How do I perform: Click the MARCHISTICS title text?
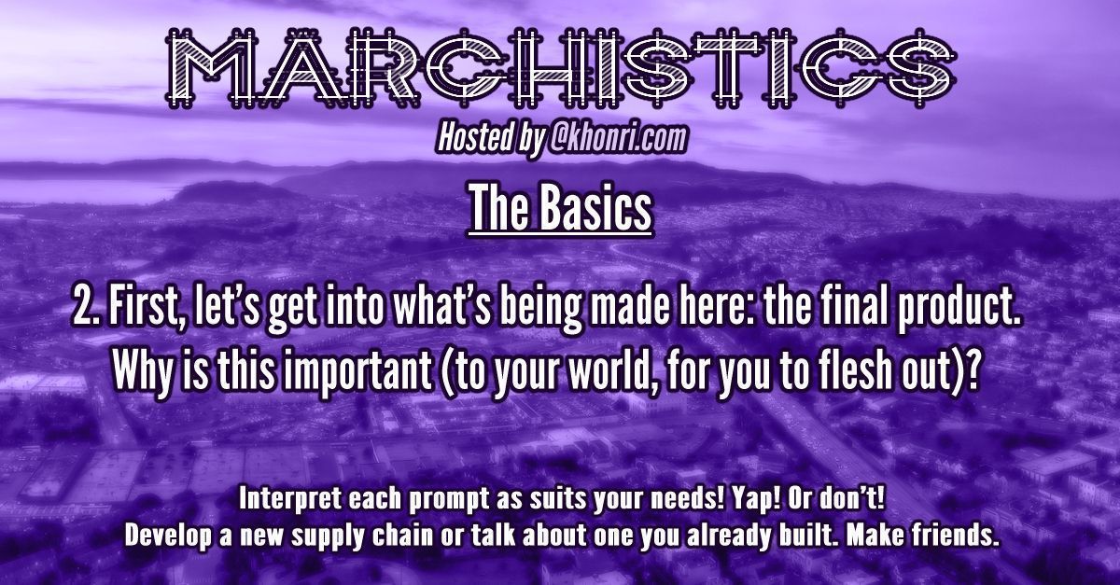pyautogui.click(x=561, y=69)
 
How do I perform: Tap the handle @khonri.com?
pyautogui.click(x=618, y=137)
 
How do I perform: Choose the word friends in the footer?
pyautogui.click(x=956, y=535)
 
